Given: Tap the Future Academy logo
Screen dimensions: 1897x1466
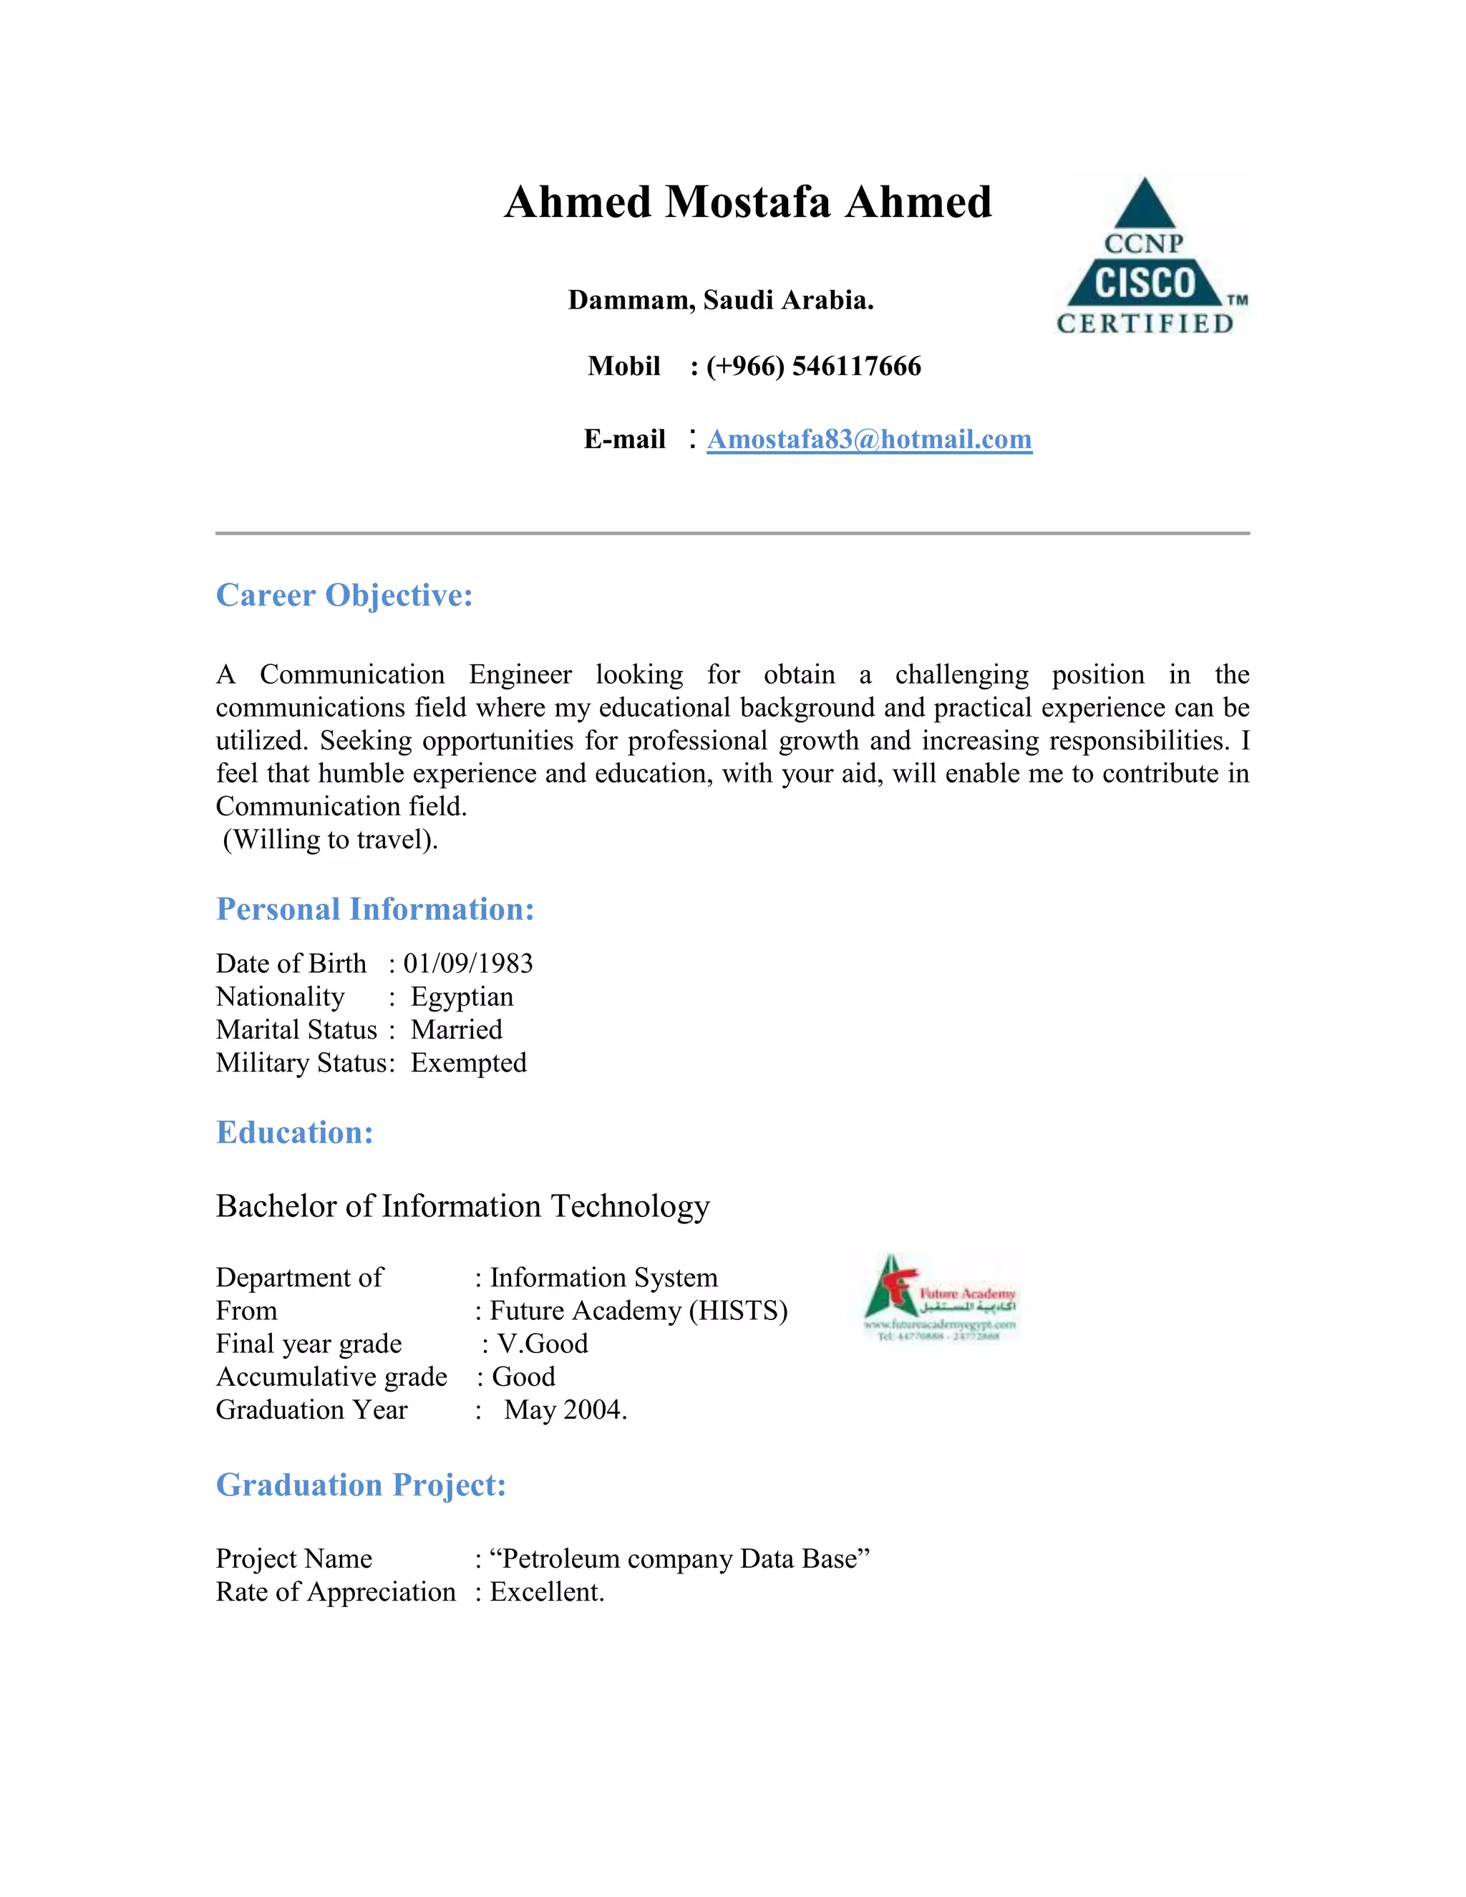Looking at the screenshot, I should coord(940,1298).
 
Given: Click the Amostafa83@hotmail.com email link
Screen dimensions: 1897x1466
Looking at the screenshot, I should coord(868,440).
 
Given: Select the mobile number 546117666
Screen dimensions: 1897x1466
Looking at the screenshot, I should coord(855,367).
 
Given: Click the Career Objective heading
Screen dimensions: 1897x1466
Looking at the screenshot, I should coord(344,596).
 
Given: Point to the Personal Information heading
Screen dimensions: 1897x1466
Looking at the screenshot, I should coord(375,909).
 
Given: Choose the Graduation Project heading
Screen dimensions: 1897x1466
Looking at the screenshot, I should coord(361,1485).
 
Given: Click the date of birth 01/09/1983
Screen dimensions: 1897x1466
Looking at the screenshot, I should coord(468,964).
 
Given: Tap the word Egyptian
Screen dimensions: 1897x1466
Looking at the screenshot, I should coord(462,997).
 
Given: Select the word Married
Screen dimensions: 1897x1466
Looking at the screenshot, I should coord(457,1030).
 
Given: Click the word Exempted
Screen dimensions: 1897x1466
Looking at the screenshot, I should coord(469,1063).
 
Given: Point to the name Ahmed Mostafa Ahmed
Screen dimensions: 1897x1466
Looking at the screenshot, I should coord(748,203).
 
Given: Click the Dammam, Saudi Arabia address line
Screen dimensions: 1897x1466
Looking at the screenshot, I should coord(721,301).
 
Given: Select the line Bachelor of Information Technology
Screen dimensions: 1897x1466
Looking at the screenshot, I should coord(463,1206).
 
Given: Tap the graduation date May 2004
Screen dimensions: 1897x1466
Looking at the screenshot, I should coord(565,1410).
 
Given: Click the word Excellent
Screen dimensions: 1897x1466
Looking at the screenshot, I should coord(546,1592).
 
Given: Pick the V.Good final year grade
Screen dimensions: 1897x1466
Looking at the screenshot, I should coord(542,1344).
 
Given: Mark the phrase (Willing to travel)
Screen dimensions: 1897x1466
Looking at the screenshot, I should coord(330,840).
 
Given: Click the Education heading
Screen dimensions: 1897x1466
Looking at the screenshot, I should coord(294,1132).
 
